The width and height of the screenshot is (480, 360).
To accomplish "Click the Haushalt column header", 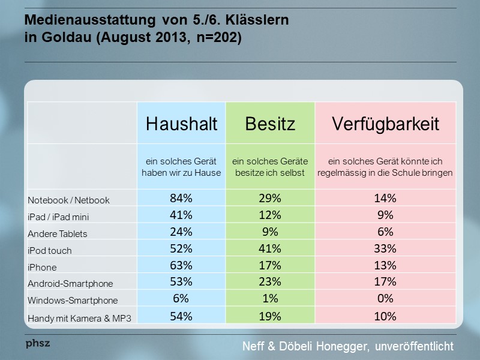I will coord(181,124).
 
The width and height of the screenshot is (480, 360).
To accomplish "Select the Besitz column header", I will coord(270,124).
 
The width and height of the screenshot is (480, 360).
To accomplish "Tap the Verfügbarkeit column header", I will coord(385,124).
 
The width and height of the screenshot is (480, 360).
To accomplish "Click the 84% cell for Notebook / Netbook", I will coord(181,199).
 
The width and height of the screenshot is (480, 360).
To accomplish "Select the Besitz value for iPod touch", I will coord(270,249).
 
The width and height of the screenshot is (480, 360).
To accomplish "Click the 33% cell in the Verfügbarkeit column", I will coord(385,249).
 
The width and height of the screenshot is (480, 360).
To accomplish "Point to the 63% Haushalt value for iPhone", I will coord(181,266).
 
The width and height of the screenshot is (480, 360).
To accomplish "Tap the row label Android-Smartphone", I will coord(70,283).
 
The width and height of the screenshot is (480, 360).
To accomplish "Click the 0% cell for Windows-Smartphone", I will coord(385,299).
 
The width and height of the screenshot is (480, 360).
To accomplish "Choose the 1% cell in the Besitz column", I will coord(270,299).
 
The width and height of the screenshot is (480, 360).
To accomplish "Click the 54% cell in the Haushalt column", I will coord(181,316).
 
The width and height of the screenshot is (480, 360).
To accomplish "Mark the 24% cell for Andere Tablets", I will coord(181,232).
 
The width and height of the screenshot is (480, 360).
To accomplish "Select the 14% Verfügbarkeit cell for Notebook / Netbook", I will coord(385,199).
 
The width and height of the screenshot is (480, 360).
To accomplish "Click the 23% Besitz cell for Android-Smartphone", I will coord(270,282).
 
